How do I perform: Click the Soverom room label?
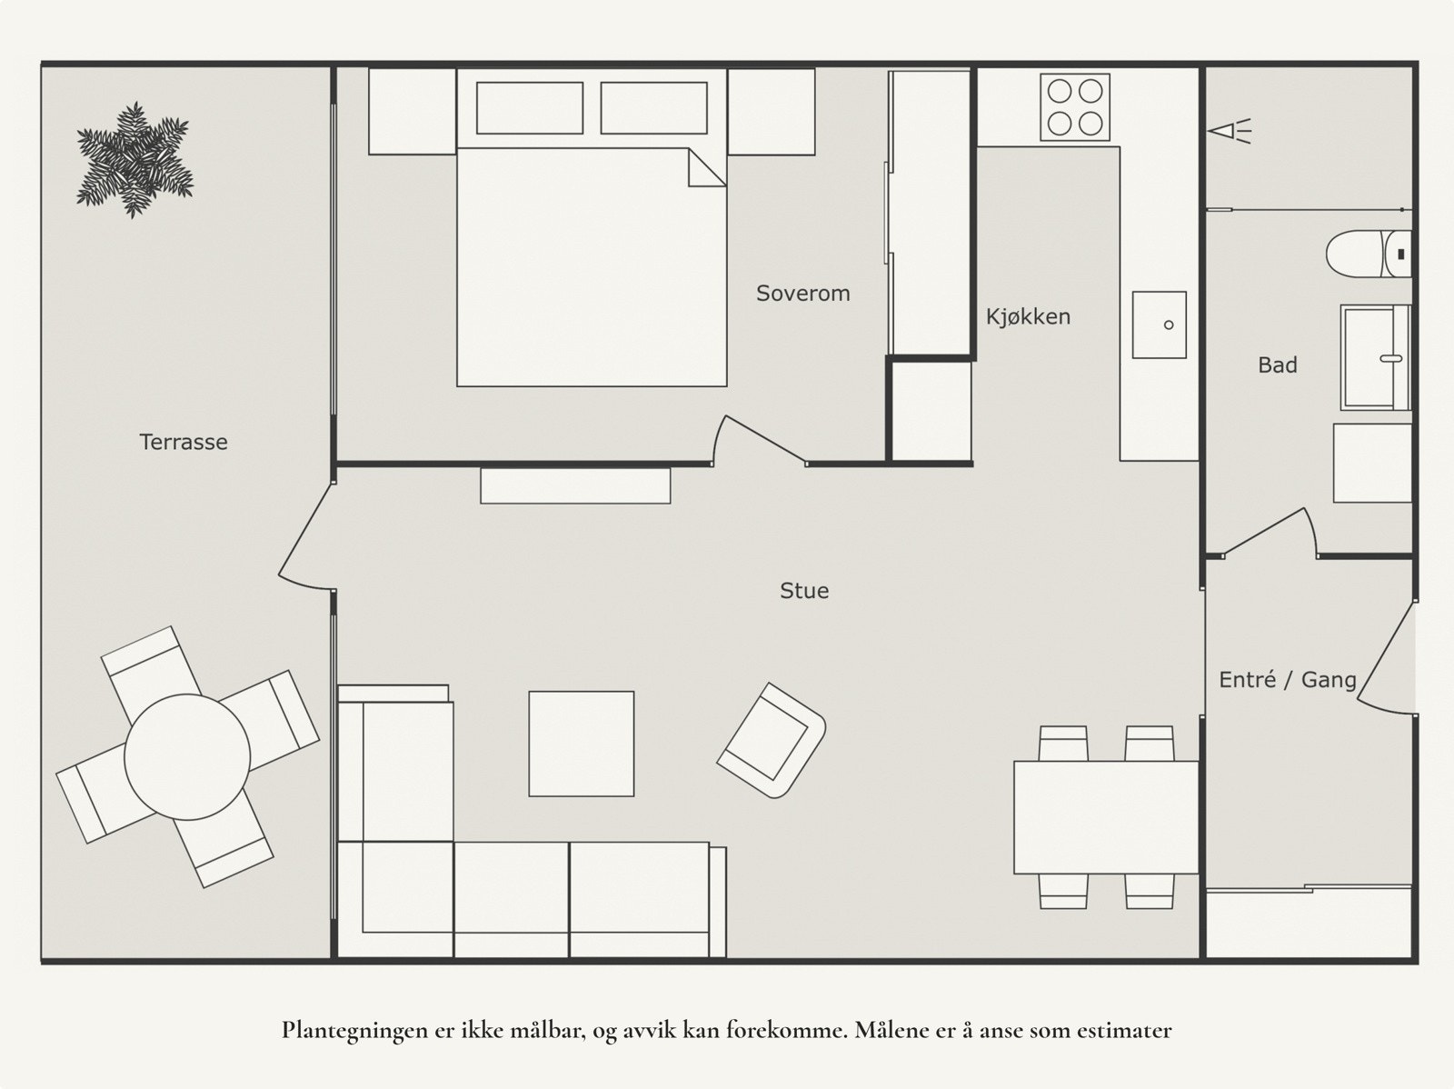[802, 293]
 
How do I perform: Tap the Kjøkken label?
[1028, 316]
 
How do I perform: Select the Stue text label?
[804, 590]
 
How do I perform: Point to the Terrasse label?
[184, 442]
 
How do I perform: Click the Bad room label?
[1277, 365]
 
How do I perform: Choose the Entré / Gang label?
[1288, 680]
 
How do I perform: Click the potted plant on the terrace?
[134, 160]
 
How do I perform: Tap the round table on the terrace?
[187, 757]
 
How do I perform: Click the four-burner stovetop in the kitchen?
[1075, 107]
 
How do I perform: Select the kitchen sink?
[1160, 325]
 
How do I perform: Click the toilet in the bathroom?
[1369, 254]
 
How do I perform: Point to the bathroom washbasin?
[1375, 358]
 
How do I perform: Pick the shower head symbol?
[1230, 131]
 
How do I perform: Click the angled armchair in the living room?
[771, 741]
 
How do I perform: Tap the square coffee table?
[582, 744]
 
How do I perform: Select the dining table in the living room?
[1106, 817]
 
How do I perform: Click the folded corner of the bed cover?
[706, 168]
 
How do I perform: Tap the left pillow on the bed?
[530, 108]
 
